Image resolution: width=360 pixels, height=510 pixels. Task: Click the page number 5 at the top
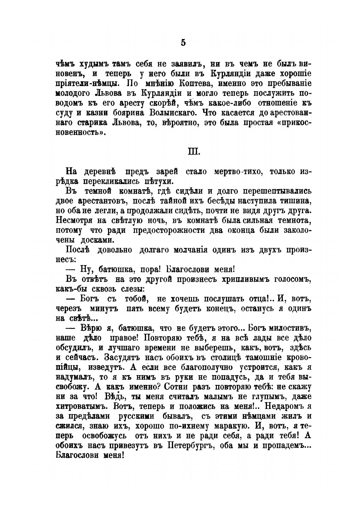(183, 42)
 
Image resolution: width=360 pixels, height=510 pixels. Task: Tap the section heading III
(183, 152)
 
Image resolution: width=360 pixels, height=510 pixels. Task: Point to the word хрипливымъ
(231, 279)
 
